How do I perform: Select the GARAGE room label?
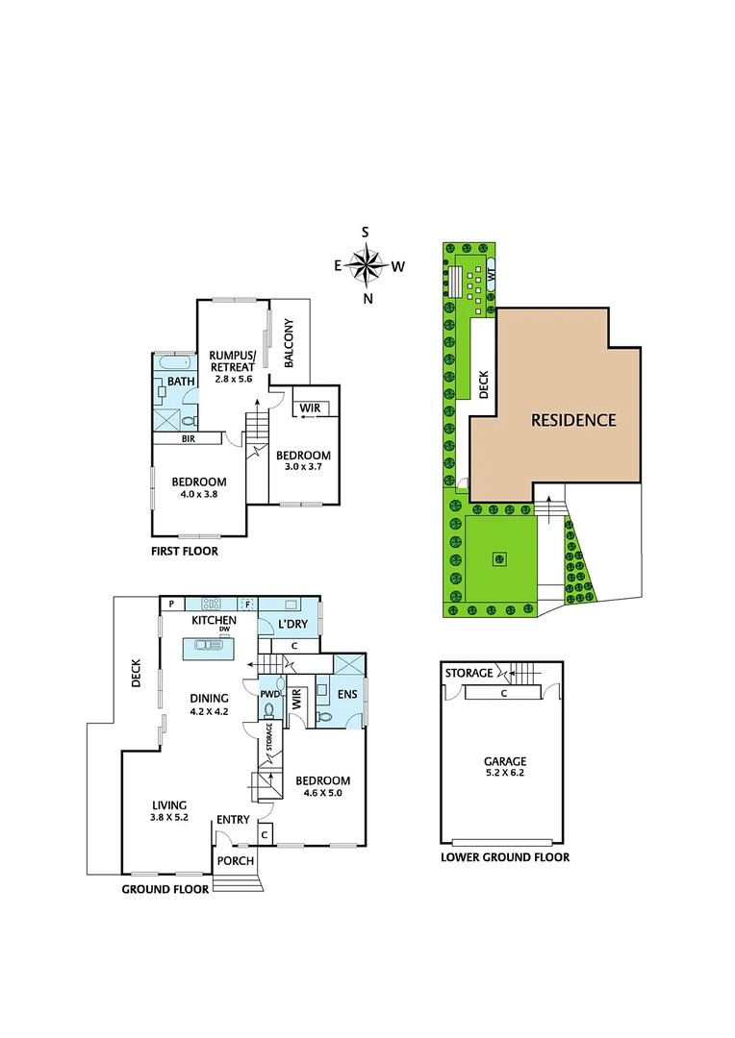tap(505, 761)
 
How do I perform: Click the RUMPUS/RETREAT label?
tap(232, 360)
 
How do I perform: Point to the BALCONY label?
tap(289, 343)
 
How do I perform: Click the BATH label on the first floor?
tap(182, 382)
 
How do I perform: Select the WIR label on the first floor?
tap(309, 408)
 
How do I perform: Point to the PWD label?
tap(268, 693)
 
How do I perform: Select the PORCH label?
tap(234, 860)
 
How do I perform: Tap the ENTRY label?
tap(233, 819)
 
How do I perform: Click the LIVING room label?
tap(168, 805)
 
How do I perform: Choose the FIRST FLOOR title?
tap(185, 552)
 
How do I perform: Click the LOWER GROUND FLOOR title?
tap(504, 857)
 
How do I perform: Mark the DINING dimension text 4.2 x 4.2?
tap(208, 712)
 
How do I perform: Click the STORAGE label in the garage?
tap(469, 673)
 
